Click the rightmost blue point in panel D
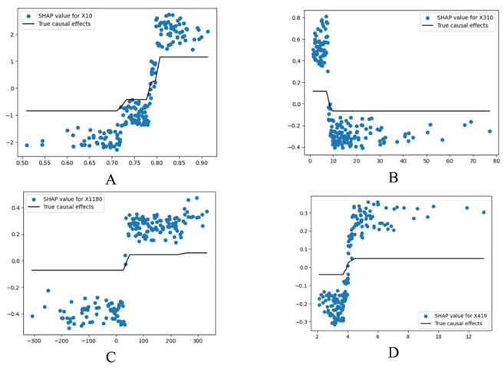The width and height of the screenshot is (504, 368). pyautogui.click(x=483, y=212)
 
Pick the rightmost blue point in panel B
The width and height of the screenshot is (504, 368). pyautogui.click(x=489, y=131)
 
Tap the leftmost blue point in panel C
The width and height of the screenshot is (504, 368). pyautogui.click(x=32, y=316)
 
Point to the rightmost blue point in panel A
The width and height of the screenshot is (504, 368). pyautogui.click(x=208, y=31)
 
